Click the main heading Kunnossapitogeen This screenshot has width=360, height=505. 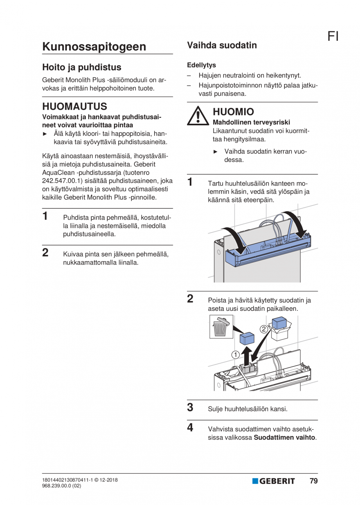click(94, 47)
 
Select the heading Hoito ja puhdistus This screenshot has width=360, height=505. click(81, 67)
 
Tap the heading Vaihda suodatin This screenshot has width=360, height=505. click(222, 45)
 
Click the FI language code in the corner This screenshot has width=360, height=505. click(333, 36)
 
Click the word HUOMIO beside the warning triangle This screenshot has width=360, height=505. click(233, 112)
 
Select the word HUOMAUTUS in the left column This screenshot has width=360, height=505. click(74, 106)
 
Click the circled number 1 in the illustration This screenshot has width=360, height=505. click(235, 355)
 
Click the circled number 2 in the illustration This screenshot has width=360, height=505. click(264, 329)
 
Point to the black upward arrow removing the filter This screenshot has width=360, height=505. click(245, 354)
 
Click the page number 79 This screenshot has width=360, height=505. click(313, 481)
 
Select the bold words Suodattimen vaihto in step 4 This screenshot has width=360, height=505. click(284, 437)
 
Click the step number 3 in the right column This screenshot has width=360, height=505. click(190, 408)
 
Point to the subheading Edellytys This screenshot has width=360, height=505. click(201, 65)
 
